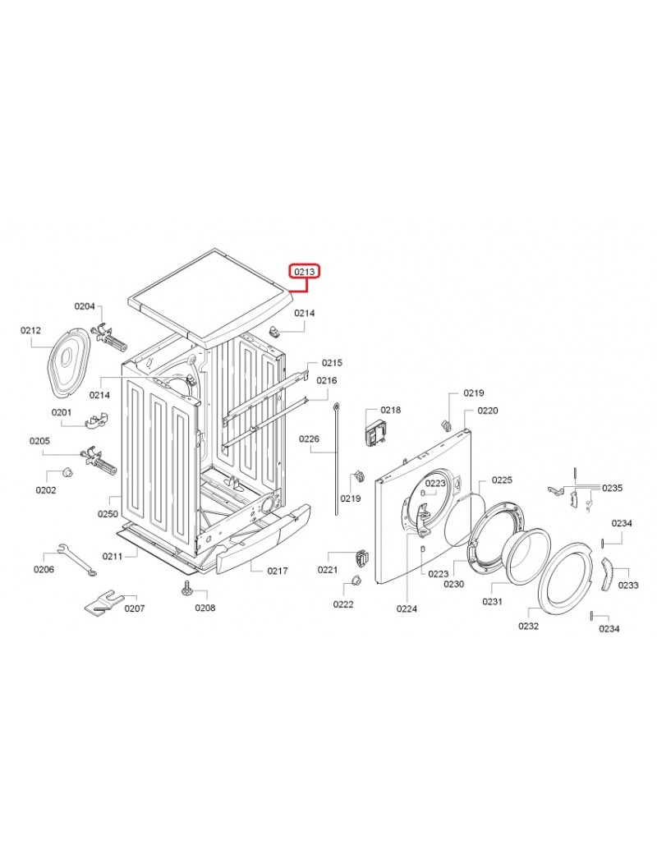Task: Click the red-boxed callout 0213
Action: click(305, 271)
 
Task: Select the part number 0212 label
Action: click(30, 331)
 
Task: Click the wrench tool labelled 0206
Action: click(77, 559)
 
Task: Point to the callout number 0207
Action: click(135, 608)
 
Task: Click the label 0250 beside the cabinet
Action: click(108, 513)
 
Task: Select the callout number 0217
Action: click(278, 571)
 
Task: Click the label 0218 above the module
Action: click(391, 410)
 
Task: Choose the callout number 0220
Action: click(488, 411)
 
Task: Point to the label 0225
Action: click(502, 480)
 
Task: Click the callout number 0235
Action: click(612, 488)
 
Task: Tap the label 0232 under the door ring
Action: click(528, 626)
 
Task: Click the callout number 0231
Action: click(493, 601)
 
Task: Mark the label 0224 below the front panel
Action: click(407, 609)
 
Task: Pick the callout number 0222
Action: click(343, 604)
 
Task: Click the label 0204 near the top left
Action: click(85, 306)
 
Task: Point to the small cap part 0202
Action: click(68, 471)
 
